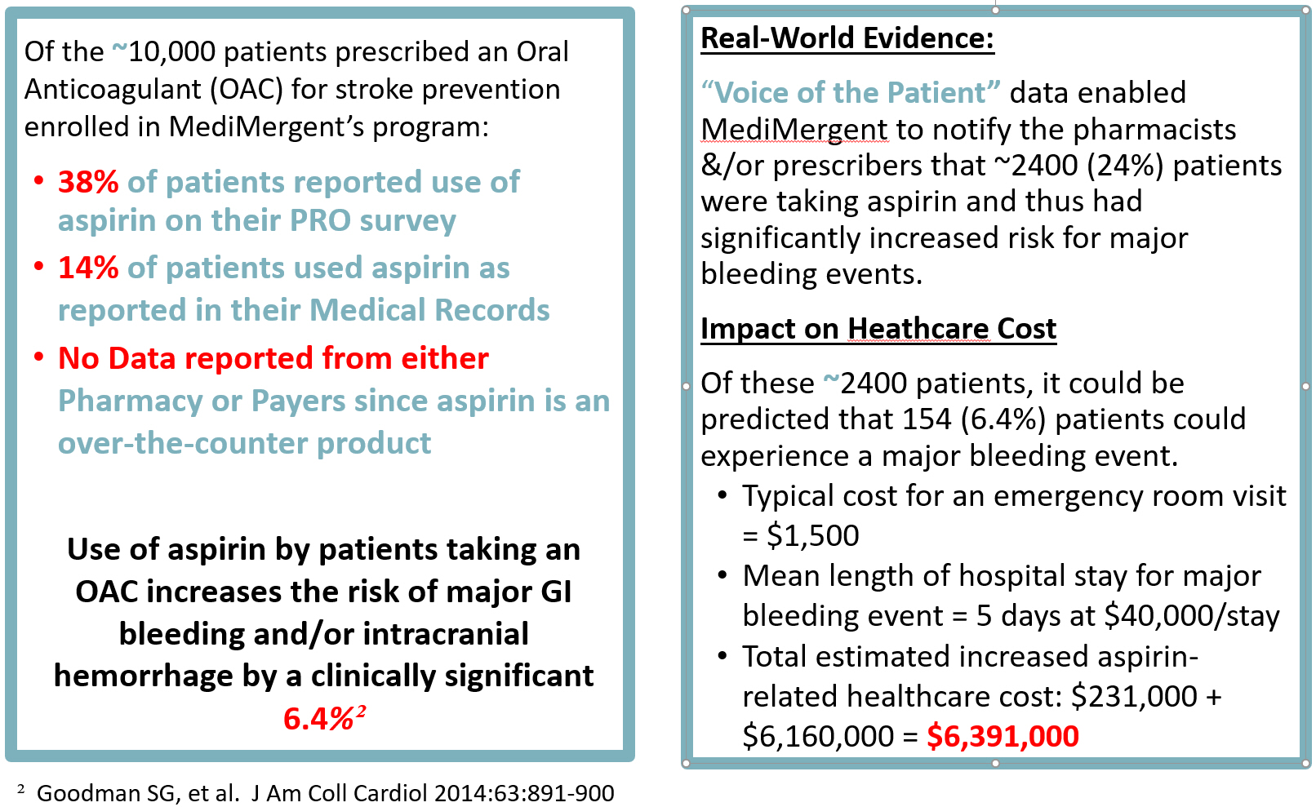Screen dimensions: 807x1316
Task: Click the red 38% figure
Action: (88, 182)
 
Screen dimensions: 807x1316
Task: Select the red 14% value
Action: (88, 268)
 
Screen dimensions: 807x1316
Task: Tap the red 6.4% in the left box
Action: (318, 719)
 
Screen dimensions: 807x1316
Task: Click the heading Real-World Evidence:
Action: (847, 38)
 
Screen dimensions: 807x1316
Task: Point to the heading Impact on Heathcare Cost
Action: (878, 329)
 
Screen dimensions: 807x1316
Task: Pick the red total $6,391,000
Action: (1003, 736)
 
